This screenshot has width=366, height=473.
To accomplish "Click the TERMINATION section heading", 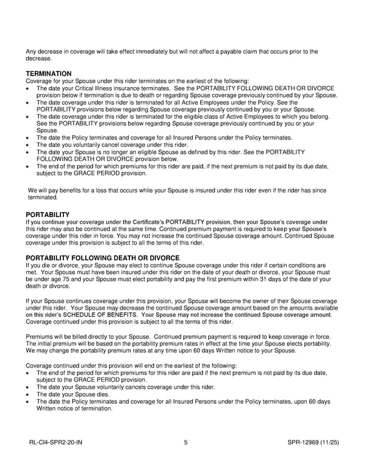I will [49, 74].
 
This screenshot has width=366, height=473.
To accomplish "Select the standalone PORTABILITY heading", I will [48, 215].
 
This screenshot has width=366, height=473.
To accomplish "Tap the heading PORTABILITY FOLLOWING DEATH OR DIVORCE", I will [102, 258].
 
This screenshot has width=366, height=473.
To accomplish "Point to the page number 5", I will [185, 444].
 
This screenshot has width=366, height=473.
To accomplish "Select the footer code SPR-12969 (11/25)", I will [310, 444].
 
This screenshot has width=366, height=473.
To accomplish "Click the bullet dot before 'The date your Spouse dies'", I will [28, 394].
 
